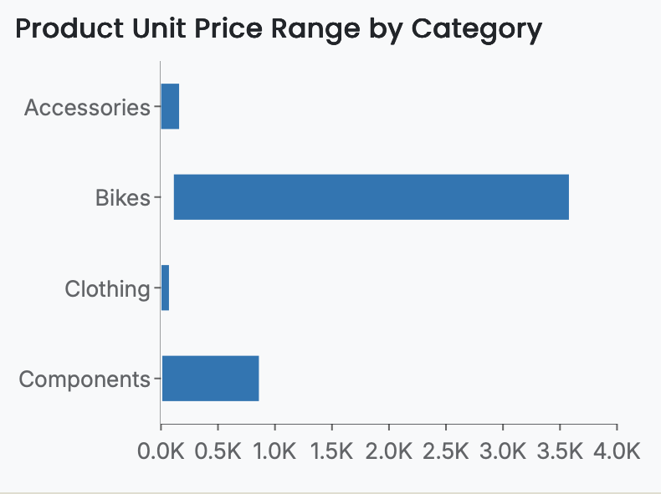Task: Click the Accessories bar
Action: coord(170,107)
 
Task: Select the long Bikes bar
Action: coord(371,197)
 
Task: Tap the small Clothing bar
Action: coord(165,288)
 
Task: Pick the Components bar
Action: coord(210,379)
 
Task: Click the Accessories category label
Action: coord(87,108)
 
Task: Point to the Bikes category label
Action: coord(122,198)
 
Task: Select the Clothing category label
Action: coord(107,289)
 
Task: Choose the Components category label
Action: coord(84,379)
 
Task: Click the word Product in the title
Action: coord(65,29)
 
